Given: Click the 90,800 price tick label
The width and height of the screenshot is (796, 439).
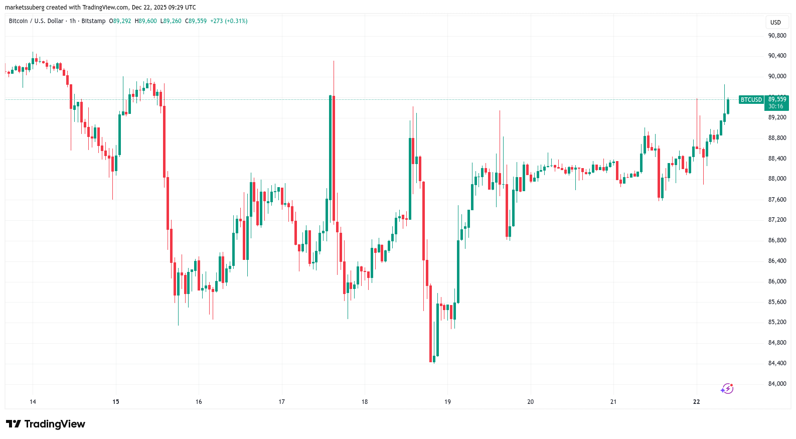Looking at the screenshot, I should (x=777, y=36).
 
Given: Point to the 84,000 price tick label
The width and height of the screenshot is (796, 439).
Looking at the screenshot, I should (x=777, y=384).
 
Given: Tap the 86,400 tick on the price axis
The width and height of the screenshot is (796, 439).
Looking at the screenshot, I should (x=777, y=261).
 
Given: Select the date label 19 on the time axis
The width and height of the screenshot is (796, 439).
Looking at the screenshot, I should (x=447, y=402).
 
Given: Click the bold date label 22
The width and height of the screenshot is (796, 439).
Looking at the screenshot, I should (x=696, y=402).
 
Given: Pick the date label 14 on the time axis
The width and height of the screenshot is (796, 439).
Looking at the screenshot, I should (x=33, y=402).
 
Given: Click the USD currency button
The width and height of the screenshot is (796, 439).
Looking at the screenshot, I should (x=775, y=23).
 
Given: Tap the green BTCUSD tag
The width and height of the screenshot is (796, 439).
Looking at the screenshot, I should (x=751, y=100).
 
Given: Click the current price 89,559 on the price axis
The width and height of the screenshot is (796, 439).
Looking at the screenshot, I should (x=777, y=99).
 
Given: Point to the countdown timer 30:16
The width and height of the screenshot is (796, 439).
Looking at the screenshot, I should (x=776, y=106).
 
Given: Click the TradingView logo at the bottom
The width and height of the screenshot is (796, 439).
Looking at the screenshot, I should (x=46, y=424).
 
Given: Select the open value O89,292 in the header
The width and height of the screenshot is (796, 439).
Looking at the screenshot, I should (x=120, y=21).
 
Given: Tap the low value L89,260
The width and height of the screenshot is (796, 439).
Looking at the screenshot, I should (x=171, y=21).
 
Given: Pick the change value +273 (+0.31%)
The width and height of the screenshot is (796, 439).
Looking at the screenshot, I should (x=229, y=21).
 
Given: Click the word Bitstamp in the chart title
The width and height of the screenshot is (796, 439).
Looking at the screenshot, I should (x=93, y=21).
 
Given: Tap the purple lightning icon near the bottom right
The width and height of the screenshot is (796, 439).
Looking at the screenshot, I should (x=727, y=389).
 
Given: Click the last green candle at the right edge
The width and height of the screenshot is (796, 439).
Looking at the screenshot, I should (x=728, y=106).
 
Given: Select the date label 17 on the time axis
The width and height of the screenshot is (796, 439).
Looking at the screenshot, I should (x=282, y=402).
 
